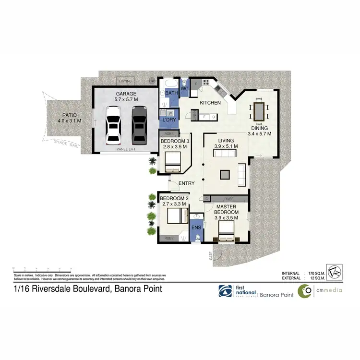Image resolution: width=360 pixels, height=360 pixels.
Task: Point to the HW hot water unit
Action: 153,81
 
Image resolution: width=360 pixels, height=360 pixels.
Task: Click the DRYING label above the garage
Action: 126,81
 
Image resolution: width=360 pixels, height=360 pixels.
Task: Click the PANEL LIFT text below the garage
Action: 126,149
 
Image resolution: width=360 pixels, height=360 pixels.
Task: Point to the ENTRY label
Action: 186,183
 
